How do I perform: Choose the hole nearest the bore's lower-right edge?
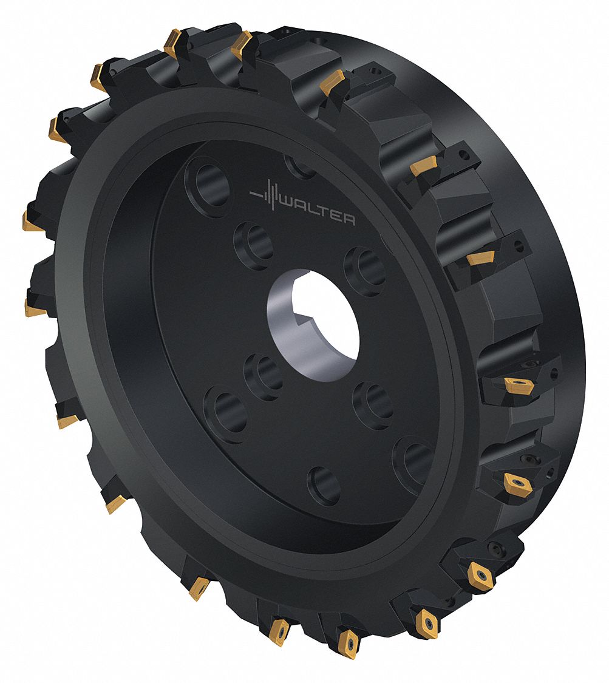click(x=373, y=404)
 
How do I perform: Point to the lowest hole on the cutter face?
click(x=324, y=485)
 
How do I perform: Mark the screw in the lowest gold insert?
click(x=349, y=641)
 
